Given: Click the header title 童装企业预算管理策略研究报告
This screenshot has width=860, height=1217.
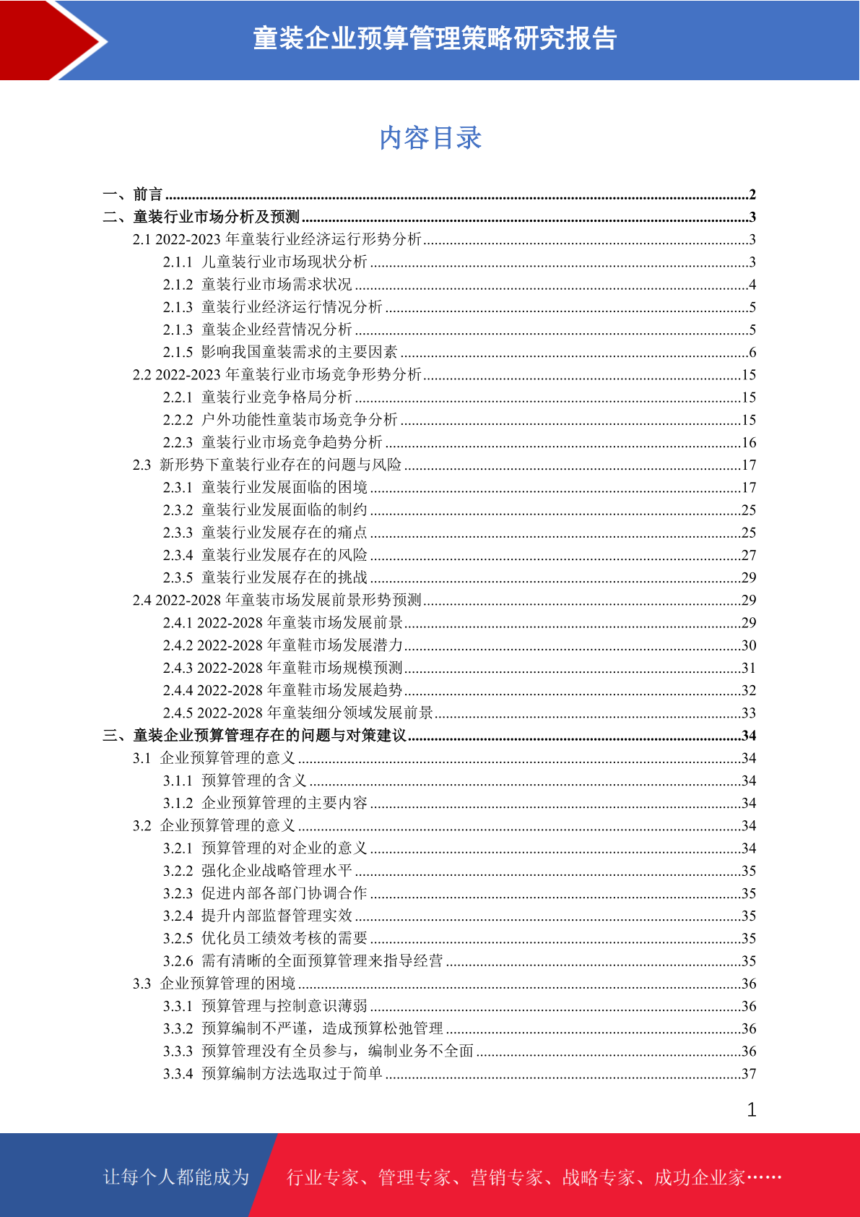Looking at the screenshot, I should point(435,39).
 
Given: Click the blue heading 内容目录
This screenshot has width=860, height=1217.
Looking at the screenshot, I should point(430,138).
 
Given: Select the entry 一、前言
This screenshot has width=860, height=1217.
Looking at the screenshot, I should point(133,194).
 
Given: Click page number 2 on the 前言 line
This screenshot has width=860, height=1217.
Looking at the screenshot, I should point(752,194).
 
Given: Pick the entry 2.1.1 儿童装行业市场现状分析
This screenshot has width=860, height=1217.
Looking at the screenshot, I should point(265,262).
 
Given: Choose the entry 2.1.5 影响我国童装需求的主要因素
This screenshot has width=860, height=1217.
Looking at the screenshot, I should point(280,352).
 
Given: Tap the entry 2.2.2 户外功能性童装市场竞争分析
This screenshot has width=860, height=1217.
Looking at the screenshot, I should point(280,420).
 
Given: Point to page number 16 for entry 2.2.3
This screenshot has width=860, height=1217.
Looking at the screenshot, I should point(749,442).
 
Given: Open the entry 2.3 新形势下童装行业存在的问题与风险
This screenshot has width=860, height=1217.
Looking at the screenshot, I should point(266,465).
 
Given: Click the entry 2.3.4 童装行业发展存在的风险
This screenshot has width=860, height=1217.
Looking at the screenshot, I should point(265,555).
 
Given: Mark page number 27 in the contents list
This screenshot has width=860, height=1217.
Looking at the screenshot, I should point(749,555).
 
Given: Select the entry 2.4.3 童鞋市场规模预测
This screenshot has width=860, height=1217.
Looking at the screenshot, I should point(282,668).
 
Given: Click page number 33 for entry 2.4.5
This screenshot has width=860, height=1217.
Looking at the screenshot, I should point(749,713).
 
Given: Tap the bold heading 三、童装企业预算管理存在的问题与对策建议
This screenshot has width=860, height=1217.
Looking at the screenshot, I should point(255,736).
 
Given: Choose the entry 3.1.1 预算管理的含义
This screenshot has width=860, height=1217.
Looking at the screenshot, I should point(235,780).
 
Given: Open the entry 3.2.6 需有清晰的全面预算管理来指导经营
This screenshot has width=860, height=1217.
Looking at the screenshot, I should point(303,961).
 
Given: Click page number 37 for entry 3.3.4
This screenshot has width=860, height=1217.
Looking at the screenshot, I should point(749,1074).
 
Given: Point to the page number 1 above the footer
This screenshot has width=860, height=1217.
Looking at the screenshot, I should point(752,1110).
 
